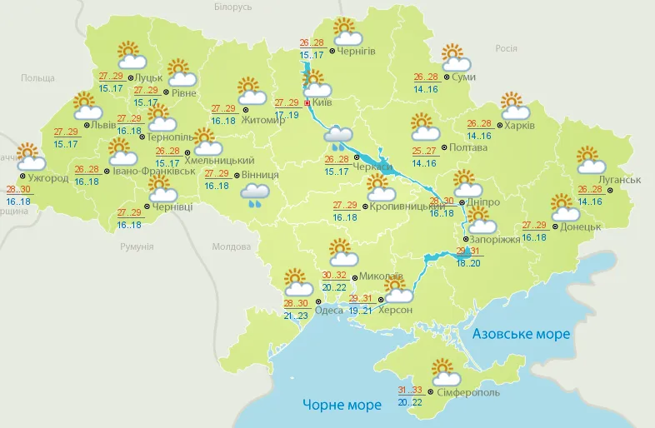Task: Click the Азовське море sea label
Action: (521, 334)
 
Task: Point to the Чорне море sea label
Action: (342, 405)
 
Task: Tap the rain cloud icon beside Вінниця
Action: (256, 195)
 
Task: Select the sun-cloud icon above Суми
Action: (456, 57)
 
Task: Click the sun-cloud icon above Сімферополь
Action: (445, 371)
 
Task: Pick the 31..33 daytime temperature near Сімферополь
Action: (409, 390)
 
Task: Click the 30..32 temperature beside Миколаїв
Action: (334, 276)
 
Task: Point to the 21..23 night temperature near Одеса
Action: (296, 316)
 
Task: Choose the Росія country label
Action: (506, 48)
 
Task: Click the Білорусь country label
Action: (232, 7)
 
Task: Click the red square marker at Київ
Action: (307, 103)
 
